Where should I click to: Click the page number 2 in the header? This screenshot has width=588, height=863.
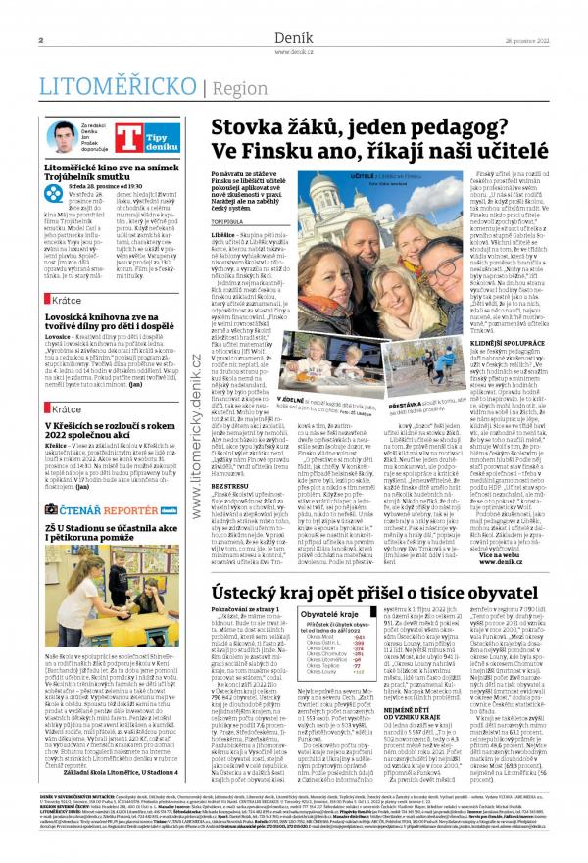(x=41, y=39)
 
